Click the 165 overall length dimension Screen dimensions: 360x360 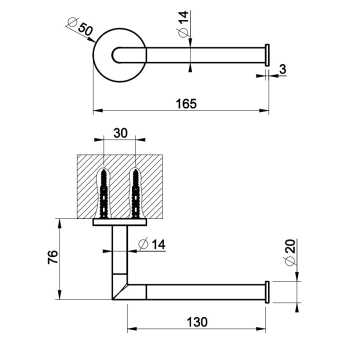(186, 103)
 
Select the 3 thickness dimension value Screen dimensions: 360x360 (282, 69)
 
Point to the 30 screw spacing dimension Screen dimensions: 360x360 (120, 132)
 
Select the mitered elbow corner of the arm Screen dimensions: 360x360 (120, 290)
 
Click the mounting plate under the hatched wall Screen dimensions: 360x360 (120, 222)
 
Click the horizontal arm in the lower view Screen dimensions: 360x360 (205, 291)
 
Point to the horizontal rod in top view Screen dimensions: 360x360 (205, 55)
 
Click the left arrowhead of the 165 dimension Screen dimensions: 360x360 (96, 110)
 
